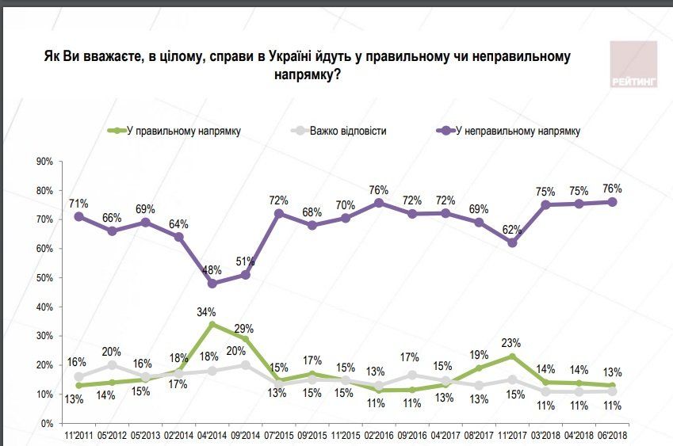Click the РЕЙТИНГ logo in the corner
(x=633, y=64)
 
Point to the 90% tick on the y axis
(x=44, y=162)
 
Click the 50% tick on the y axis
(x=44, y=278)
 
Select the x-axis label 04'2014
(x=212, y=436)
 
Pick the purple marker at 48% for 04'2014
(x=212, y=283)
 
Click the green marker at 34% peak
(x=212, y=324)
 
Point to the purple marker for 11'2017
(x=513, y=242)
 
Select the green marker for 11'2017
(x=513, y=356)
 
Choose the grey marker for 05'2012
(x=112, y=365)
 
